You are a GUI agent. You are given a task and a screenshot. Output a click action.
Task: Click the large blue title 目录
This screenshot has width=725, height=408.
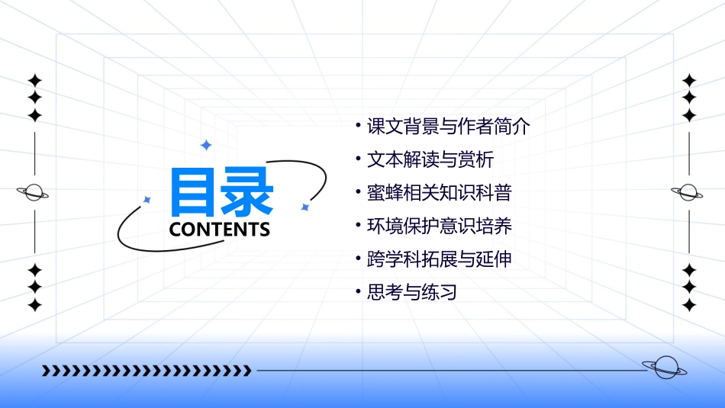click(x=221, y=191)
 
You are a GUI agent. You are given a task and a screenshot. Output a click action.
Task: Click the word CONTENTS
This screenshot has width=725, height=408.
click(x=220, y=230)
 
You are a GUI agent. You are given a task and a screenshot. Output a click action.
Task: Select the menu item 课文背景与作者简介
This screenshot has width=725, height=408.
click(x=448, y=127)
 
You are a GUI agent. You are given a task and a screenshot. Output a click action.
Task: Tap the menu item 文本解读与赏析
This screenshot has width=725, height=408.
click(x=430, y=160)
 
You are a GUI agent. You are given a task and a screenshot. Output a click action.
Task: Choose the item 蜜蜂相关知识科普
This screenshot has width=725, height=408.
click(x=439, y=193)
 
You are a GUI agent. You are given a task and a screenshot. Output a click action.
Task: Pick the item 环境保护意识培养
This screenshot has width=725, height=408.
click(x=439, y=226)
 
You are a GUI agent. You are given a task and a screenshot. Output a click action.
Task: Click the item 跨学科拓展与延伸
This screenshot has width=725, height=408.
click(x=439, y=259)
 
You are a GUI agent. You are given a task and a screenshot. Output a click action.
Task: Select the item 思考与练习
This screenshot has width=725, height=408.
click(x=411, y=292)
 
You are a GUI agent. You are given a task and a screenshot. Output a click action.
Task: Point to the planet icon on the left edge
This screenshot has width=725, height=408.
click(x=34, y=192)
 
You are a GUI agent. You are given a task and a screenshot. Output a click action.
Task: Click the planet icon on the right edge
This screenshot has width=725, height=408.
click(x=689, y=192)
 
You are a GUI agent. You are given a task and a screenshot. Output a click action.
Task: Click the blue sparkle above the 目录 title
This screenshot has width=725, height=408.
click(x=205, y=145)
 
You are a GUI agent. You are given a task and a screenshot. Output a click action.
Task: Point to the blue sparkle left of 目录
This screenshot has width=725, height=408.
click(x=147, y=200)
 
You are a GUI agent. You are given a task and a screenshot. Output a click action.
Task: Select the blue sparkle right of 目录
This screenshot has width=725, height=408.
click(x=304, y=207)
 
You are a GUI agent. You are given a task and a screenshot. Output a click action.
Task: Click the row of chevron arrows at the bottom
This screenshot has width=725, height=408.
click(x=147, y=371)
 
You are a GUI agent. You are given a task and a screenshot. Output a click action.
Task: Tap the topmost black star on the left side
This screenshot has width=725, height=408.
click(x=34, y=80)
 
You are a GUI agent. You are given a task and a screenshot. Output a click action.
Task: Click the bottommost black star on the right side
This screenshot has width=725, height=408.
click(x=690, y=305)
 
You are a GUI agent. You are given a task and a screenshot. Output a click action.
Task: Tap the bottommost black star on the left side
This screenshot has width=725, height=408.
click(x=34, y=305)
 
